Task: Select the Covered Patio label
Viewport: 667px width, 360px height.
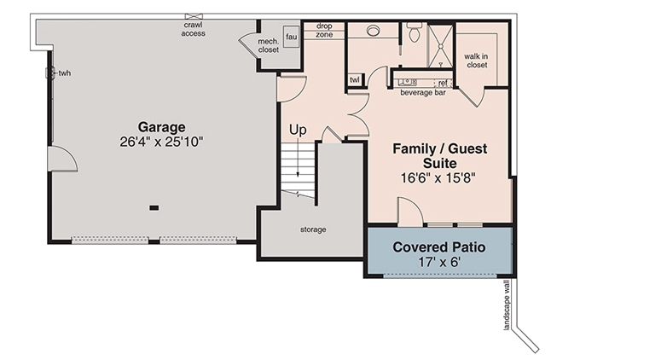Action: click(438, 247)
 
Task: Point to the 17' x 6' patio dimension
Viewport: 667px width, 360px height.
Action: click(438, 262)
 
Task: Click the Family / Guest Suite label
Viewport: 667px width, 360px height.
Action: click(439, 155)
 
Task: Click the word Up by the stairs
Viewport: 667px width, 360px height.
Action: click(299, 130)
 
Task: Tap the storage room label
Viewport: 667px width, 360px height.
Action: click(312, 229)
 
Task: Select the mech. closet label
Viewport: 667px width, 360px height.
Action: click(269, 45)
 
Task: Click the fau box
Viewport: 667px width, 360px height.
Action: click(291, 38)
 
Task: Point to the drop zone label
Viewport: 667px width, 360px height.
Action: click(324, 31)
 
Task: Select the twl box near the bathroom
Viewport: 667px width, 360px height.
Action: click(355, 80)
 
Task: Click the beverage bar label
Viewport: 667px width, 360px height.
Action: click(423, 92)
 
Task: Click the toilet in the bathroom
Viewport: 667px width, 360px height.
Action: click(415, 33)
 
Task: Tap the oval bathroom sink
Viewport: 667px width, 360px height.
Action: click(373, 31)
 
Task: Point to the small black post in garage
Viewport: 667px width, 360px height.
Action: click(154, 207)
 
